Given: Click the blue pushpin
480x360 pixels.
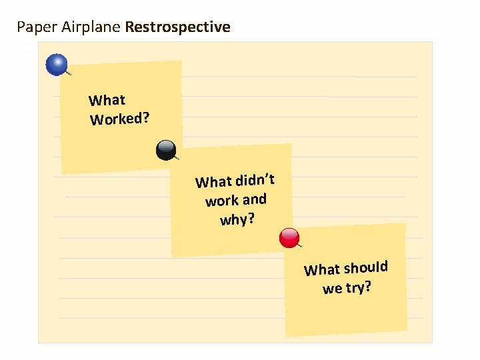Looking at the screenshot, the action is (x=57, y=64).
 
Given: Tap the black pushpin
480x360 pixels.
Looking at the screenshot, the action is (x=165, y=150).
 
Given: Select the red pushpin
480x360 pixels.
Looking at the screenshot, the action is (x=290, y=237).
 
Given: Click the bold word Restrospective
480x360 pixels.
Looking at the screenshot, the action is (x=177, y=27).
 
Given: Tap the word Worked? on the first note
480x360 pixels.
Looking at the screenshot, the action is (x=120, y=119).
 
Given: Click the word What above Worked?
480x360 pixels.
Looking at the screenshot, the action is (x=107, y=101).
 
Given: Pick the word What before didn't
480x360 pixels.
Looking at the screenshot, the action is (x=213, y=182).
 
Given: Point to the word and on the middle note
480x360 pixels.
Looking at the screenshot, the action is (x=255, y=199).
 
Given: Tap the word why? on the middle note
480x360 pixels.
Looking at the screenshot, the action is (x=237, y=219).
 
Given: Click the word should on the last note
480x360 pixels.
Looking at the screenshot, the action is (x=366, y=268).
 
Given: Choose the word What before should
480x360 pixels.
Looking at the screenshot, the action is (x=322, y=270).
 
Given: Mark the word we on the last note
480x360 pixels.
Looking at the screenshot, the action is (x=332, y=289).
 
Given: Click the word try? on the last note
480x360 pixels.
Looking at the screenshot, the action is (x=359, y=288).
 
